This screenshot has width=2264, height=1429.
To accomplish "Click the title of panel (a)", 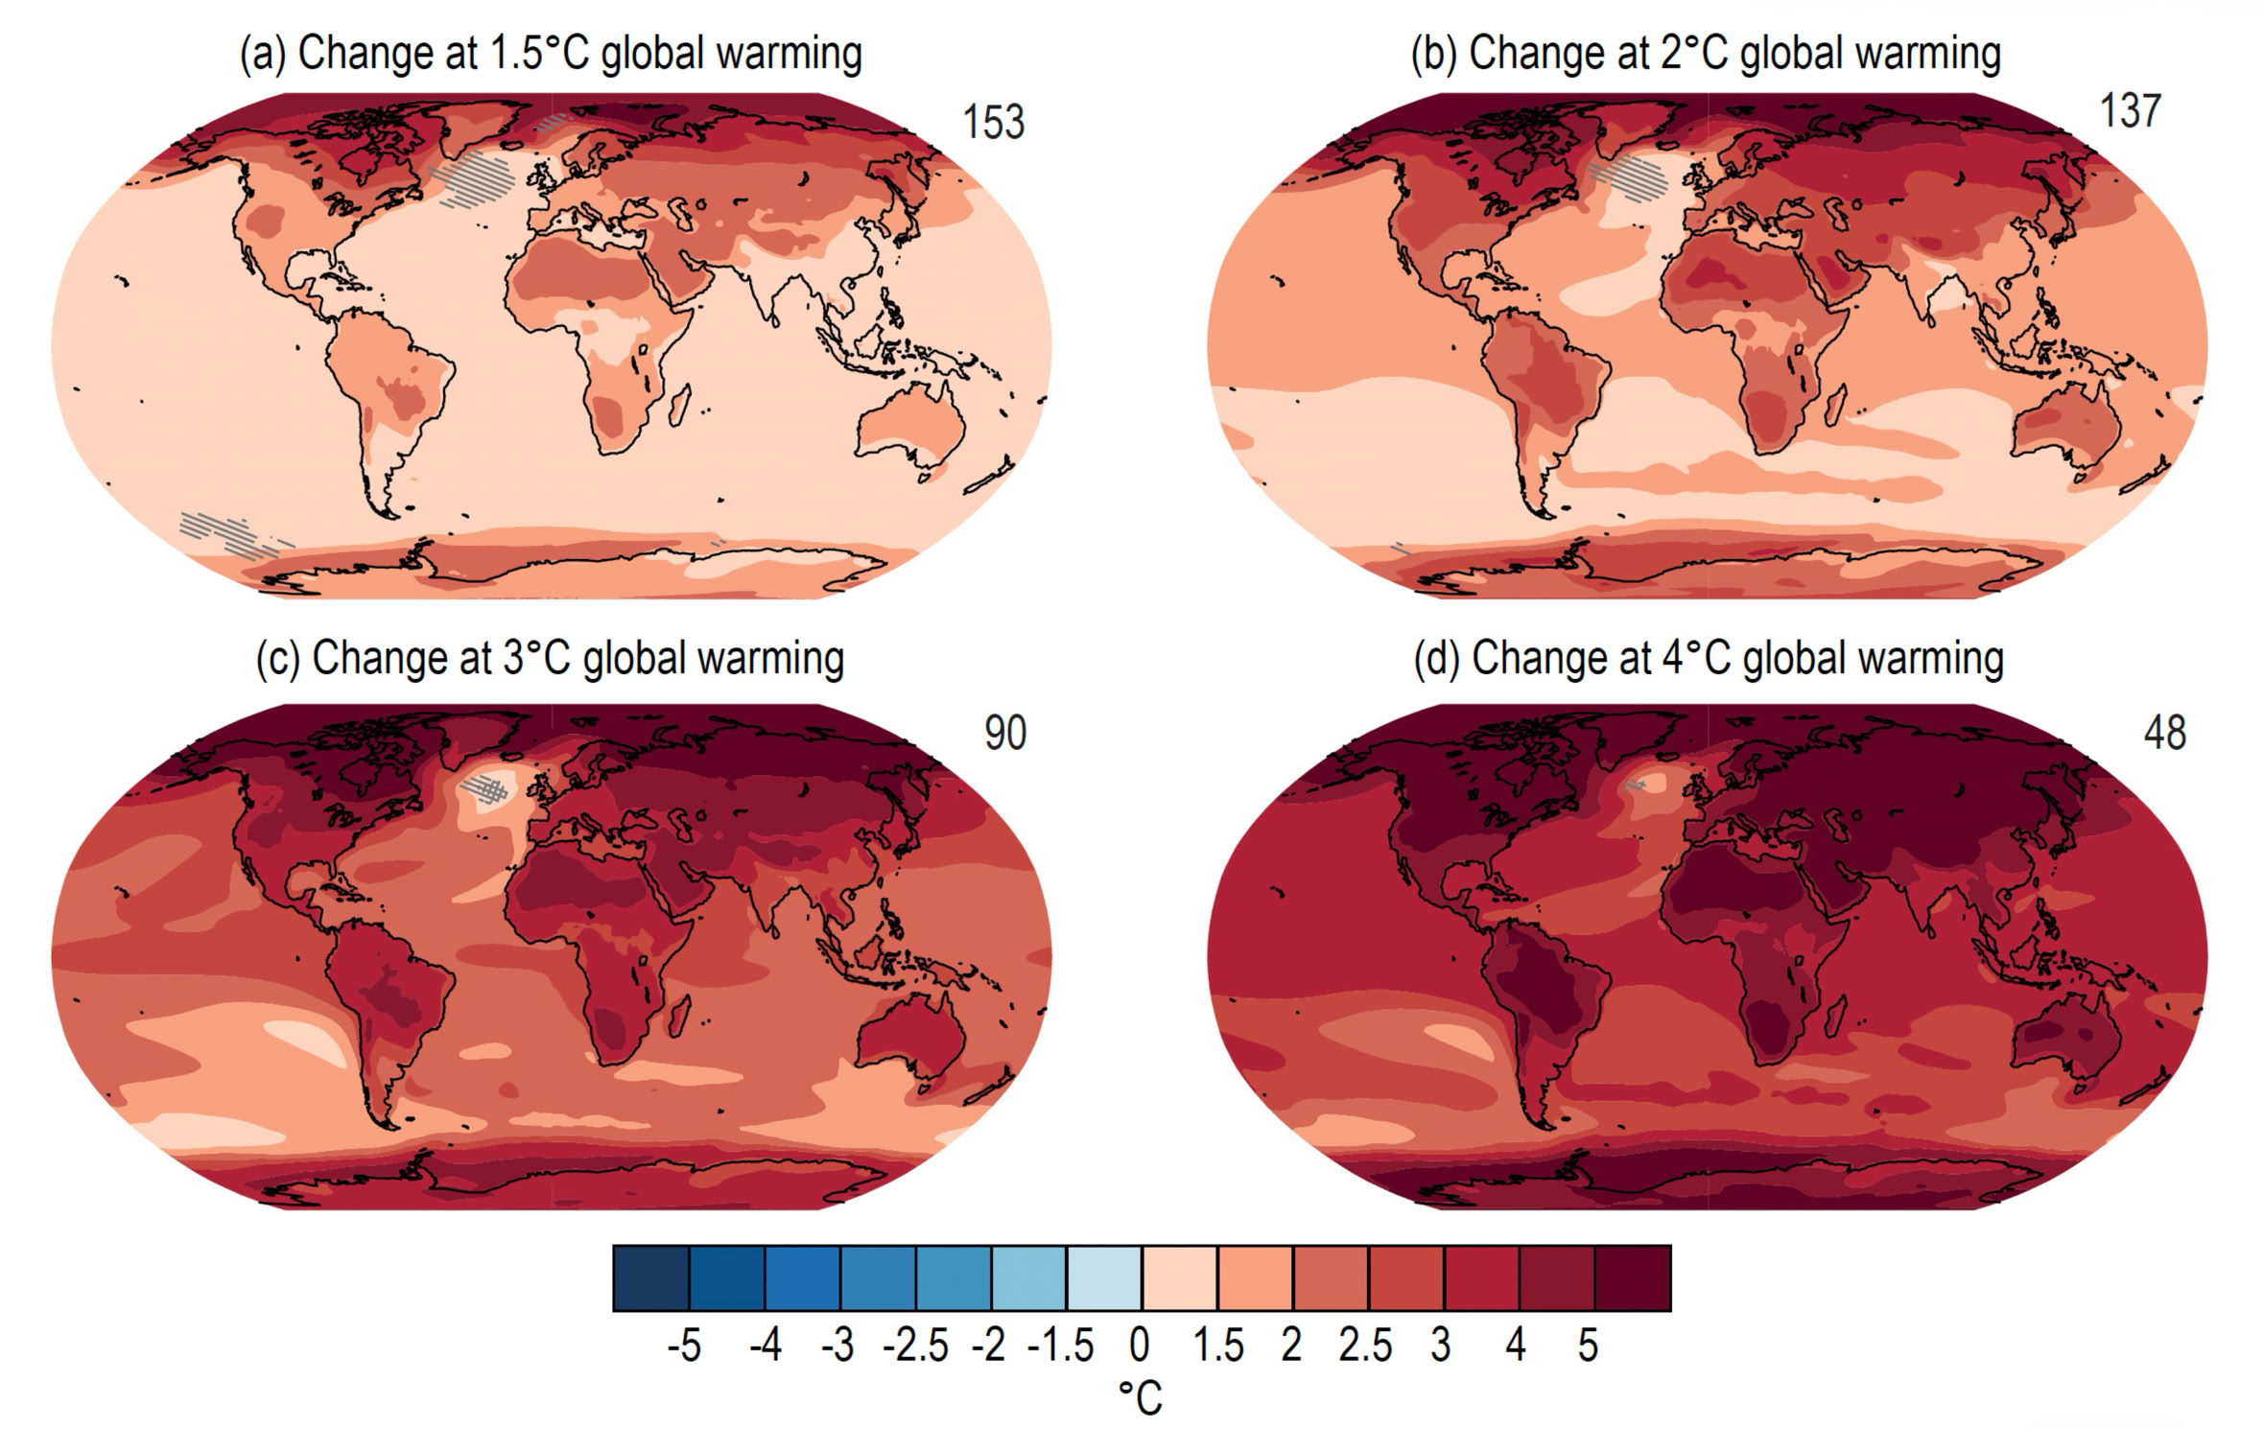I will (551, 54).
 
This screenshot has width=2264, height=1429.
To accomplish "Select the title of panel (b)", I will (1706, 54).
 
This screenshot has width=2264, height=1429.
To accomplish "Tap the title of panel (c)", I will (550, 659).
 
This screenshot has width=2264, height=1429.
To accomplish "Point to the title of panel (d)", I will (1709, 659).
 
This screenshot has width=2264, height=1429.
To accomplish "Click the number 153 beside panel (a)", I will (994, 123).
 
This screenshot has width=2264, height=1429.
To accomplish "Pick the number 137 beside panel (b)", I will (2131, 111).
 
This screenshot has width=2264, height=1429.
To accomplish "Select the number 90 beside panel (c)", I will (1005, 733).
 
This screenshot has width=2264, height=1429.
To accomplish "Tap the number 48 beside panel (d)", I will (2164, 733).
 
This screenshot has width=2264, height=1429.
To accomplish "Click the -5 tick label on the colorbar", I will (684, 1347).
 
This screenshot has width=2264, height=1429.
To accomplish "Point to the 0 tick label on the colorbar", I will (1140, 1347).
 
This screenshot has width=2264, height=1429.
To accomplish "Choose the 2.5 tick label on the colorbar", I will (1365, 1347).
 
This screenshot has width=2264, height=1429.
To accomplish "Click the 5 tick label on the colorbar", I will (1589, 1347).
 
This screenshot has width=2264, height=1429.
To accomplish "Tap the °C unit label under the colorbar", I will (1141, 1398).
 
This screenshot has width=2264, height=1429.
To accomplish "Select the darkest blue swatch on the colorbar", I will (650, 1277).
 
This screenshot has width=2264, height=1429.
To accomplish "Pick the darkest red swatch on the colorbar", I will (1633, 1277).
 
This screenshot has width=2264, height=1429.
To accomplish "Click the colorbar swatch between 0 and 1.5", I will (1179, 1277).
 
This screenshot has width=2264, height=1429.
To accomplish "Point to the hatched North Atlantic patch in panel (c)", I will (485, 789).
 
